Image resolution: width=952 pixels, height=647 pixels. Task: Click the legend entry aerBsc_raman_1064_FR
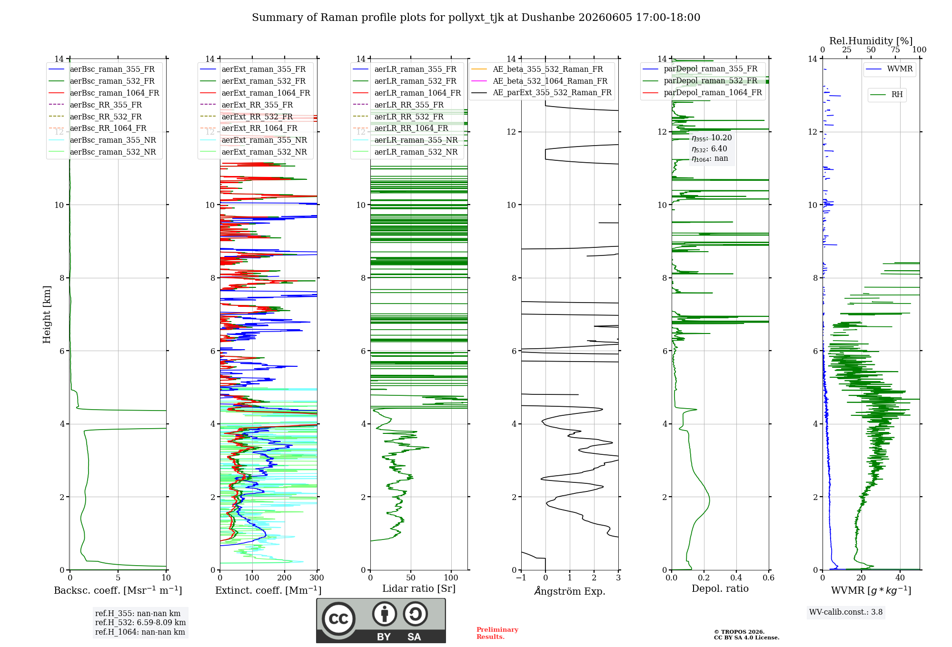coord(114,93)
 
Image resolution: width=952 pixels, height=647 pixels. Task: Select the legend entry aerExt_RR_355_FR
coord(257,105)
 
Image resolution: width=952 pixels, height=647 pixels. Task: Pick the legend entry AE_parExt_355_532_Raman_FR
coord(552,93)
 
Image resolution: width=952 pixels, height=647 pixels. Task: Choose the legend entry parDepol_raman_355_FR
coord(711,69)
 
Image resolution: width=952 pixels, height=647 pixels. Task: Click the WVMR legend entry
coord(900,69)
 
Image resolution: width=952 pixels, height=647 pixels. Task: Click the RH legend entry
coord(897,95)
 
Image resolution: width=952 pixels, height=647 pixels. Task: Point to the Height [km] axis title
coord(47,314)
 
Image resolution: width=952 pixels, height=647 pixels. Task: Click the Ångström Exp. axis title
coord(570,591)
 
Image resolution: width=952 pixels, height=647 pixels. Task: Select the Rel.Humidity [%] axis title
coord(871,41)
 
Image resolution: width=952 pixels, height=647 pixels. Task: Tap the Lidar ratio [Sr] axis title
coord(419,588)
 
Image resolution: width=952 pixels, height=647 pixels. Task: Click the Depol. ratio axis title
coord(720,588)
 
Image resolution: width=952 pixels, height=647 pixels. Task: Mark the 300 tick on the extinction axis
coord(317,578)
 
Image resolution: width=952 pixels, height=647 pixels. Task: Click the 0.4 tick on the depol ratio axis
coord(736,578)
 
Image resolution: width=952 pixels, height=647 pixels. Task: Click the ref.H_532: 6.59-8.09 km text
coord(140,623)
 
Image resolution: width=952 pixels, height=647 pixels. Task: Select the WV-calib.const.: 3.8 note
coord(846,612)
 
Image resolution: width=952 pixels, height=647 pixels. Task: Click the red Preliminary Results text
coord(497,633)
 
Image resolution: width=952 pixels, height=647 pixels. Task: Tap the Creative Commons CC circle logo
coord(338,618)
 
